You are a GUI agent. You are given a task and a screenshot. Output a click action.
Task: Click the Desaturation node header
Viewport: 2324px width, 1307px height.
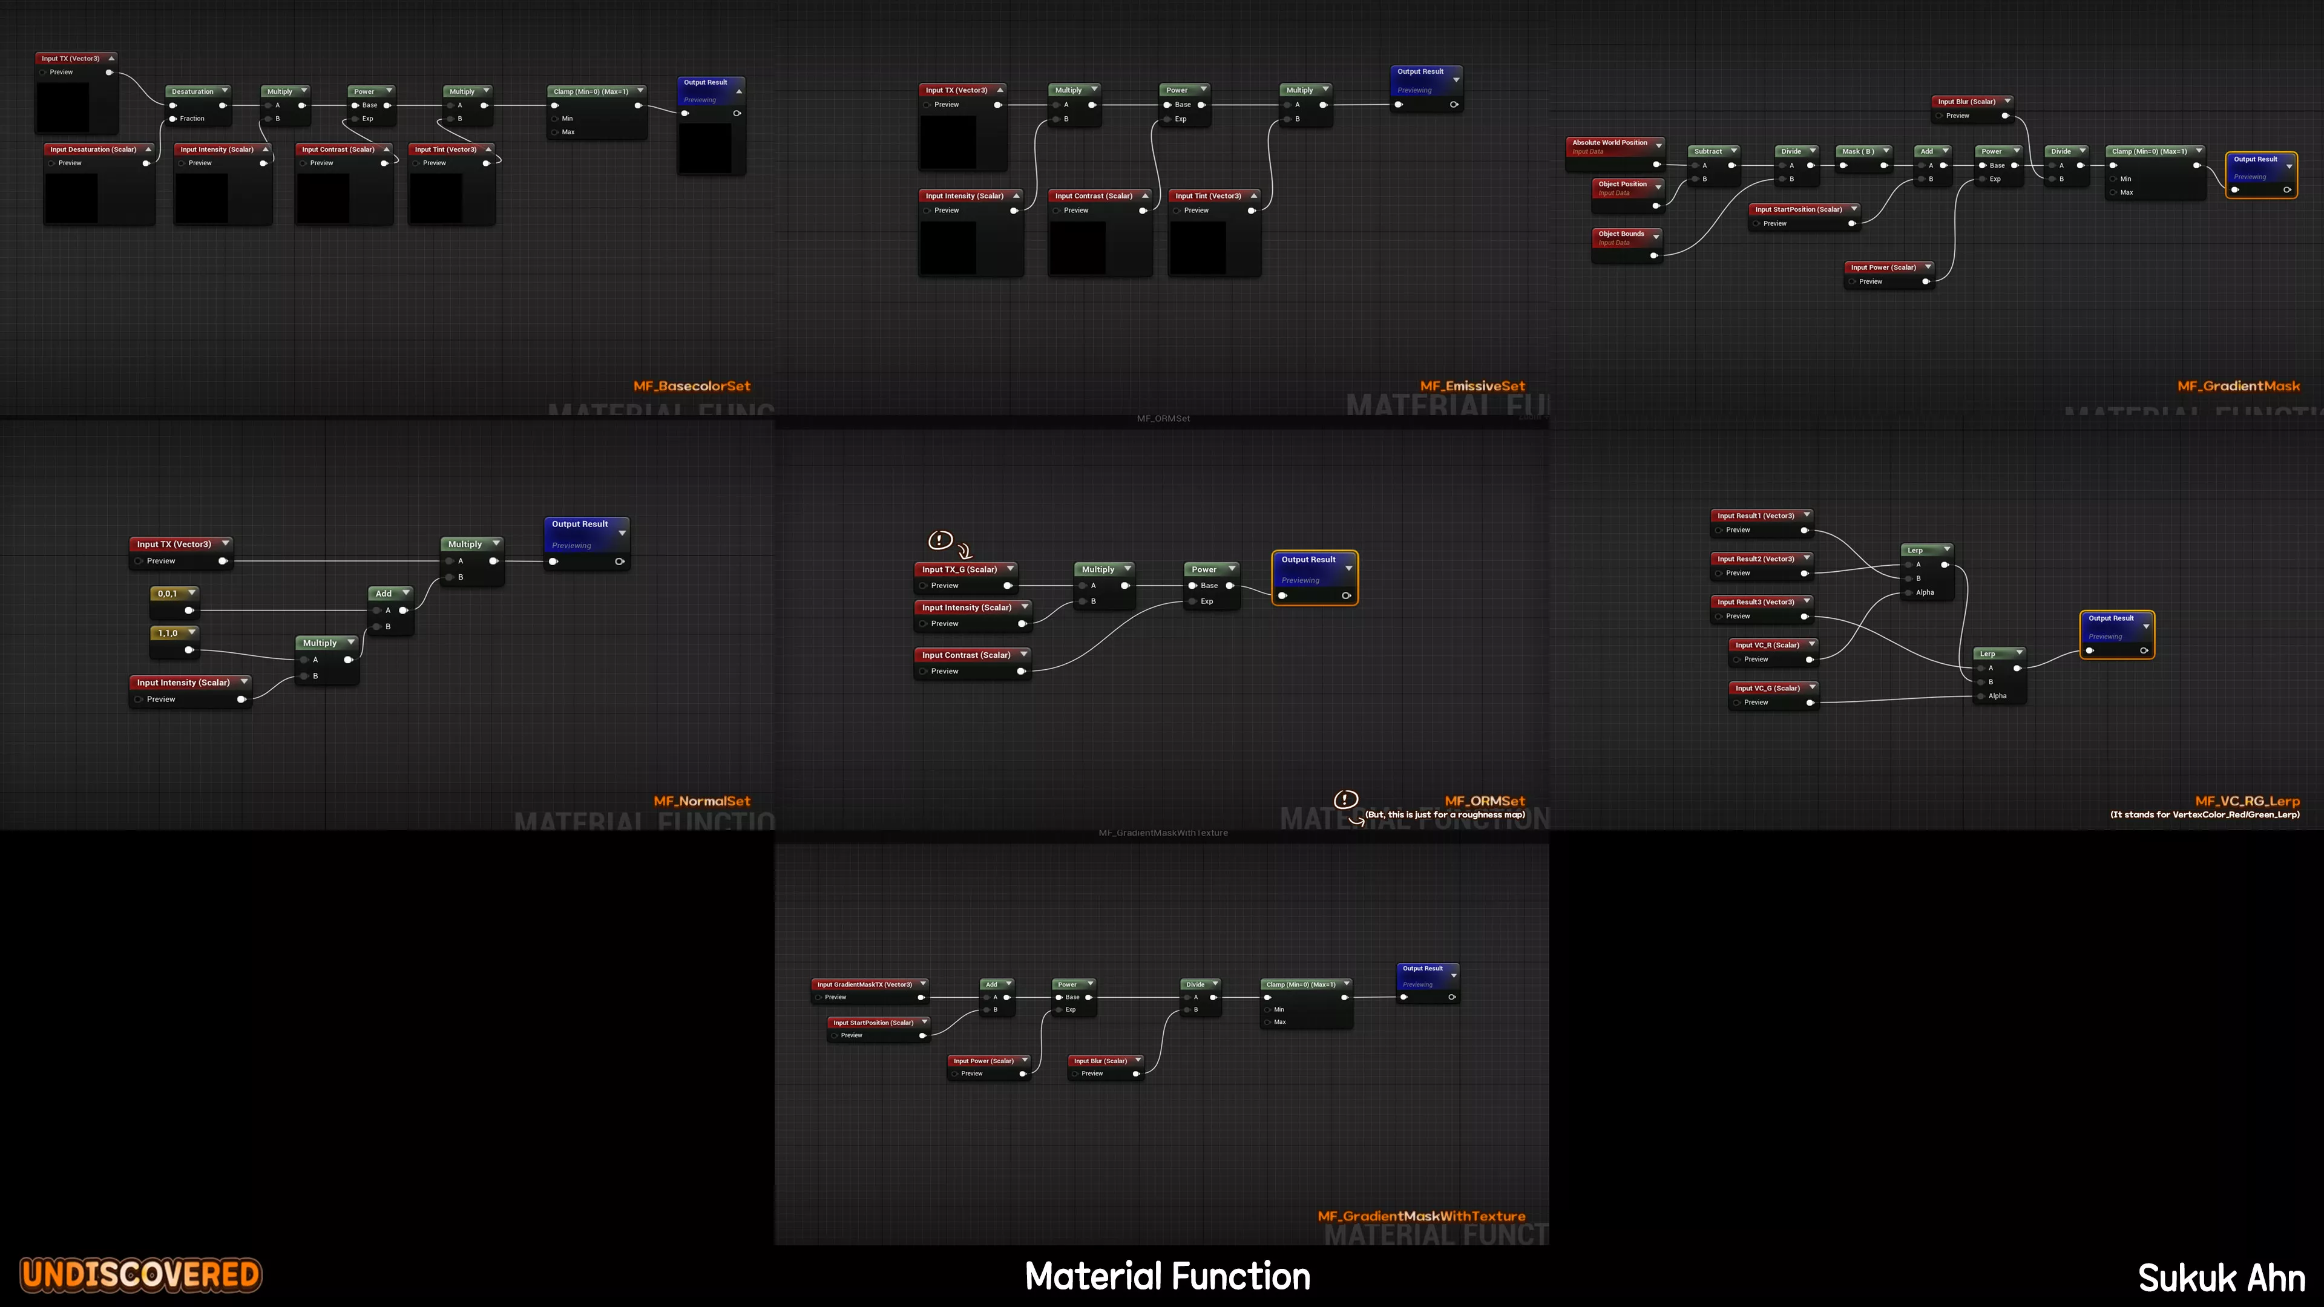click(193, 91)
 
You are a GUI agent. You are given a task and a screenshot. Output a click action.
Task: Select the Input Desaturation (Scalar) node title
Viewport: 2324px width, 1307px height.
click(94, 149)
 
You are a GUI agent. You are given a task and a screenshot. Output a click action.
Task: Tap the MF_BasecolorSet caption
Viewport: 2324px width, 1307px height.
click(691, 386)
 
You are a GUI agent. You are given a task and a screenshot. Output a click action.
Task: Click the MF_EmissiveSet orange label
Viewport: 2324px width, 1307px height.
click(1472, 386)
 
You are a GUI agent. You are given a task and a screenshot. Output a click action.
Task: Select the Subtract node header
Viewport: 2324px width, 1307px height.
click(1708, 151)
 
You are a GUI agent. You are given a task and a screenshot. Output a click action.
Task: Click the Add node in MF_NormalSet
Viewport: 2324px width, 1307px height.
click(384, 594)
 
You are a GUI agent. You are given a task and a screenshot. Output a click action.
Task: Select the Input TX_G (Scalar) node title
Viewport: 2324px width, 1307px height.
click(960, 569)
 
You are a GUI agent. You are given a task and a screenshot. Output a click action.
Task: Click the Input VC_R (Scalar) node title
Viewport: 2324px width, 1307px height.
click(1767, 645)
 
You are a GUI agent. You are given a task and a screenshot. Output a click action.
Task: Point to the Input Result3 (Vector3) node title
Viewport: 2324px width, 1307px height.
click(1756, 601)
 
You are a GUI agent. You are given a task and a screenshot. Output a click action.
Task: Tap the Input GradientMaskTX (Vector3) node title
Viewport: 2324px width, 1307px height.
click(864, 984)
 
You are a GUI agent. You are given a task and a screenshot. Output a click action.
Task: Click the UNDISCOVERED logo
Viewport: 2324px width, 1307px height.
click(142, 1274)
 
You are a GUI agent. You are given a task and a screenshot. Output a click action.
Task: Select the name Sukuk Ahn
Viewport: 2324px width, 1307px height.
click(2221, 1278)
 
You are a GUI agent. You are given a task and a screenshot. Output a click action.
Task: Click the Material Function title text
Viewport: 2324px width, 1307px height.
click(1167, 1276)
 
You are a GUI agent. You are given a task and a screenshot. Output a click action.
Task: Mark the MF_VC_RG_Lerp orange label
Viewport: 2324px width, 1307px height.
click(2247, 801)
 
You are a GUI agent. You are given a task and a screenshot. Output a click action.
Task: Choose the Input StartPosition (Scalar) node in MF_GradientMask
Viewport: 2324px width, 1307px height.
click(1799, 209)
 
